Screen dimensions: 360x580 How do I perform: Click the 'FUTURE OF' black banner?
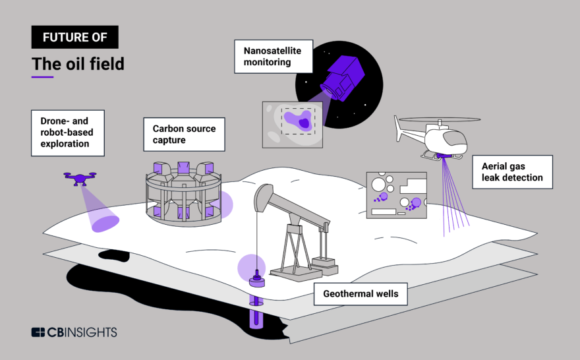pos(74,37)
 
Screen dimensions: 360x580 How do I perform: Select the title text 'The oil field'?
pos(78,64)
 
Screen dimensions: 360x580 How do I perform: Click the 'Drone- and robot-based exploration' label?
pos(68,133)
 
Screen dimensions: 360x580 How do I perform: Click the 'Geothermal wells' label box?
pos(361,293)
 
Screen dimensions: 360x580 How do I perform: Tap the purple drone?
pos(79,176)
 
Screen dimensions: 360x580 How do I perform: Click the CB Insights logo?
pos(74,332)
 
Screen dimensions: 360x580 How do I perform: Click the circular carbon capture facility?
pos(181,191)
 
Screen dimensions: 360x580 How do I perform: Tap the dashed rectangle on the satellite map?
pos(299,121)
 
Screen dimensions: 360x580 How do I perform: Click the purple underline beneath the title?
pos(42,77)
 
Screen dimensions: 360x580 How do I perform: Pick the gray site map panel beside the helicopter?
pos(396,194)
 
